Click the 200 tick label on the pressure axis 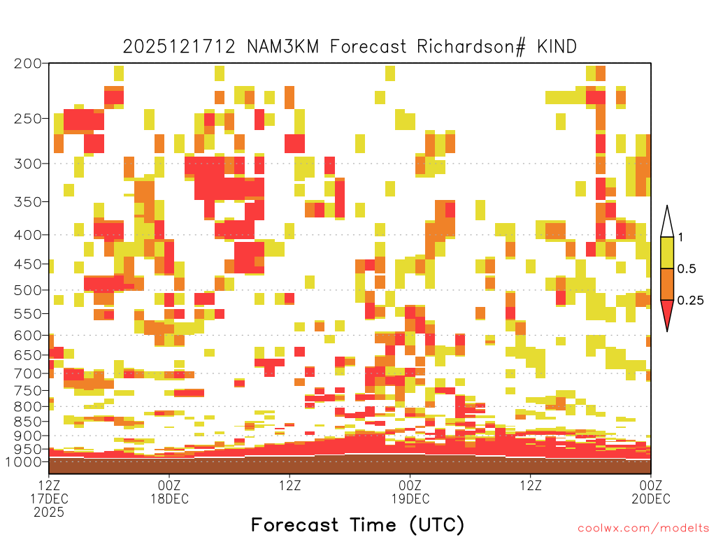click(27, 64)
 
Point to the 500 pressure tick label click(27, 290)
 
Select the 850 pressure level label click(27, 422)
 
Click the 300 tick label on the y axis click(27, 164)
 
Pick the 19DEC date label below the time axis click(410, 499)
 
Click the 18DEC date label click(169, 499)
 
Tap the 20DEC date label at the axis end click(651, 499)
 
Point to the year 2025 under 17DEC click(49, 513)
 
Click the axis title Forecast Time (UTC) click(357, 524)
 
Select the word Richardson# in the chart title click(471, 47)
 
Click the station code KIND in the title click(557, 47)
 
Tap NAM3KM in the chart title click(282, 47)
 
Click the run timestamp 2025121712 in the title click(179, 47)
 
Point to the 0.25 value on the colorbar click(690, 300)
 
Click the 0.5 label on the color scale click(687, 268)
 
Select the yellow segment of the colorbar click(667, 252)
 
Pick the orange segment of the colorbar click(667, 284)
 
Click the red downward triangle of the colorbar click(667, 313)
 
